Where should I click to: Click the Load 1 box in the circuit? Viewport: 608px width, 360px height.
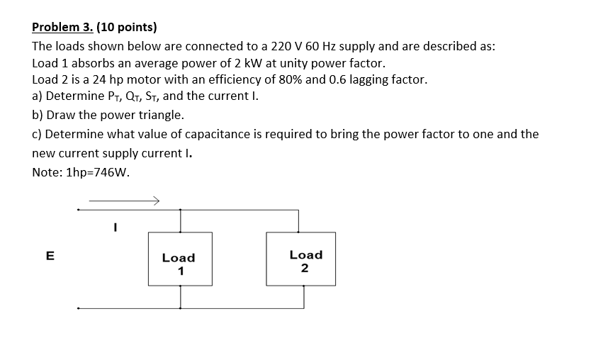pos(180,259)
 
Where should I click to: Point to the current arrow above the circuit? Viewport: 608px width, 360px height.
pos(121,200)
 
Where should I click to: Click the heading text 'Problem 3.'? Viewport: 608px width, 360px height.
pos(62,28)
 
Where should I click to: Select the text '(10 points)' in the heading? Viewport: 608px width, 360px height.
pos(127,28)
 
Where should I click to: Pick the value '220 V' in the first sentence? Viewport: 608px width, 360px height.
pos(287,46)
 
